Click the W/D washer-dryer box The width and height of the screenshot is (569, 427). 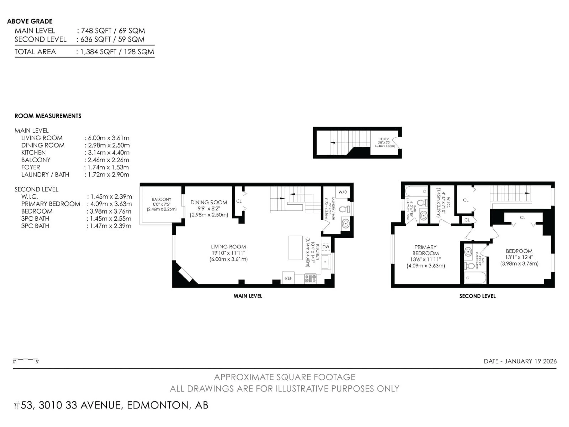(x=343, y=192)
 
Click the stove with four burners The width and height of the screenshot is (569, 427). (x=310, y=278)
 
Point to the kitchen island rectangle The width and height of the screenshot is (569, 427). (x=295, y=248)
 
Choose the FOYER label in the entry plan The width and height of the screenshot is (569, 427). (x=384, y=139)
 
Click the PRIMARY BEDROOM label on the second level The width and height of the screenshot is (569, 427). (x=425, y=250)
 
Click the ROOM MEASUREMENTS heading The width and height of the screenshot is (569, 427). (x=48, y=116)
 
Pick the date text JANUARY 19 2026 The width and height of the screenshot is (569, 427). (x=530, y=361)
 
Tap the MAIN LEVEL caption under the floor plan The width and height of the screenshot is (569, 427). (x=248, y=296)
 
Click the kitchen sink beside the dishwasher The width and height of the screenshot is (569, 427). (x=325, y=262)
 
